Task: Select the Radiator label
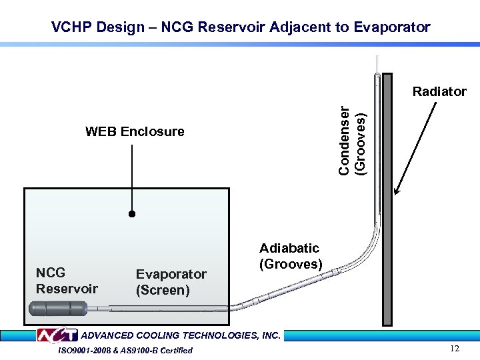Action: point(439,91)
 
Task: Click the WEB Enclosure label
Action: point(135,131)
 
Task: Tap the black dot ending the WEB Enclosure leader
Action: point(132,214)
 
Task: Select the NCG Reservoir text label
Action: point(67,281)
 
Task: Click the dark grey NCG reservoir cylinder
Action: point(59,309)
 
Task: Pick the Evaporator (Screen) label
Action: point(171,282)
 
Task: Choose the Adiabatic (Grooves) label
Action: point(291,256)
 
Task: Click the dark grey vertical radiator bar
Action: point(387,200)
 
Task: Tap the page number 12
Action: point(455,349)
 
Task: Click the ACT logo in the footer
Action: point(57,335)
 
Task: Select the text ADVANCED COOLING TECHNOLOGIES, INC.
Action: point(180,335)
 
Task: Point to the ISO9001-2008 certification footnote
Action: point(125,350)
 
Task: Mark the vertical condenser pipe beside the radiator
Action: point(377,147)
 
